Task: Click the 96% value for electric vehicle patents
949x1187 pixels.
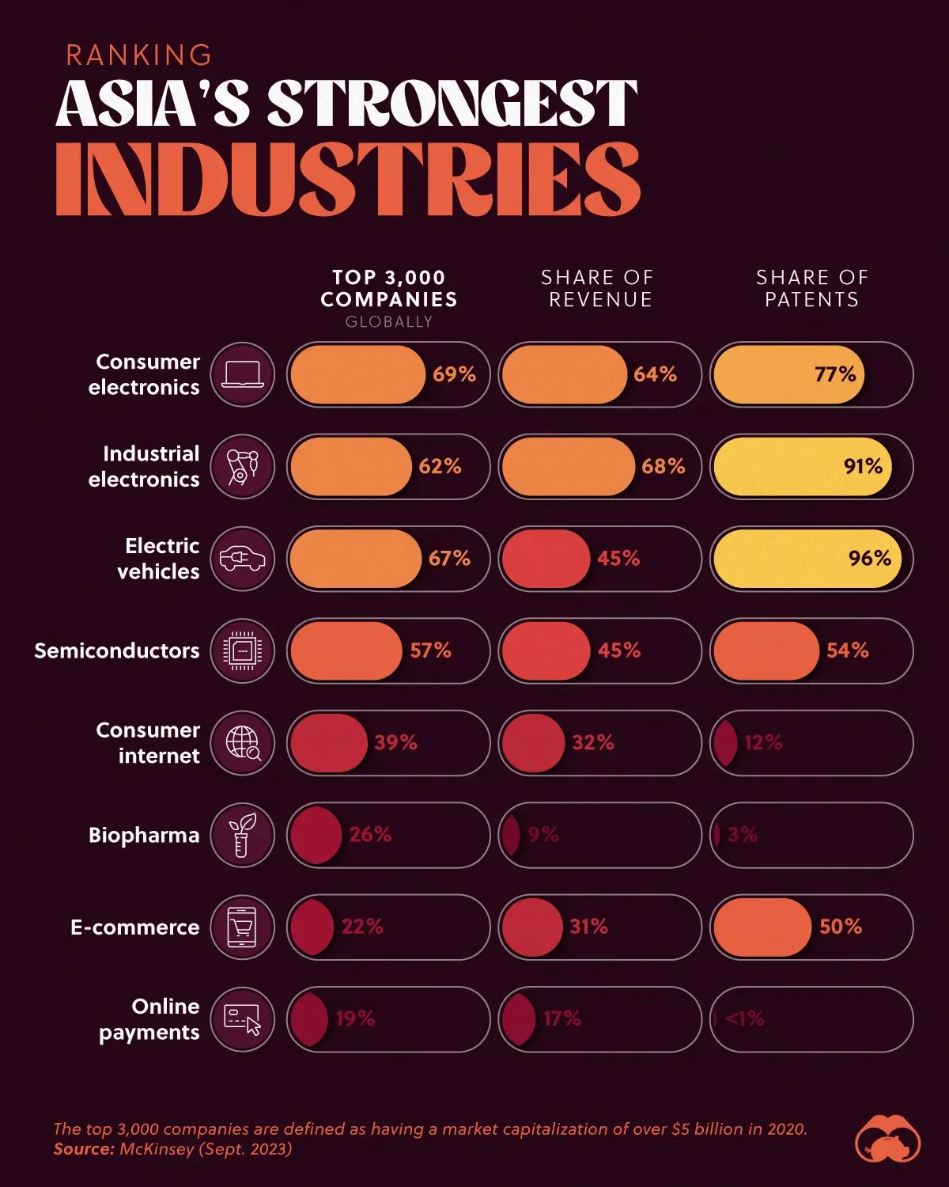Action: coord(869,559)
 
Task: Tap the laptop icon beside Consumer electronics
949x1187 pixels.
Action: coord(243,374)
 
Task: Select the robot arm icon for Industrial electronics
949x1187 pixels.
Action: coord(243,467)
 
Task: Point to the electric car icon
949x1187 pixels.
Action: coord(243,559)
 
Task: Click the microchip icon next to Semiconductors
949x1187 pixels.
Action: coord(243,650)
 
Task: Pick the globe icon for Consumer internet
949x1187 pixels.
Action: coord(243,743)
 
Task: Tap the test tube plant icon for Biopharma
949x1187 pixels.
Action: coord(243,835)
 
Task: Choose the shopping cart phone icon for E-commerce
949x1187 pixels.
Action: coord(243,927)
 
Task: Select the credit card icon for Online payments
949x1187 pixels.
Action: coord(243,1019)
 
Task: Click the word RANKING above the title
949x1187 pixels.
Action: coord(138,55)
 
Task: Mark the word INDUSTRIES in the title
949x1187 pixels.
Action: coord(347,180)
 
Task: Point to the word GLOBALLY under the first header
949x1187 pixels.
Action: coord(389,322)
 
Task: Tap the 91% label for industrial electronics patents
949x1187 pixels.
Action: coord(863,467)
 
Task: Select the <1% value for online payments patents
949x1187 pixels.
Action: coord(745,1019)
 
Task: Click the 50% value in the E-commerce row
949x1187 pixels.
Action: coord(841,927)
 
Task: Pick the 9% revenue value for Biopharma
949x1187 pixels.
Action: coord(543,835)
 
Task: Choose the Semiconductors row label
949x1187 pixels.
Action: coord(117,650)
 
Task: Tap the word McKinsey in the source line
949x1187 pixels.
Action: coord(157,1149)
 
